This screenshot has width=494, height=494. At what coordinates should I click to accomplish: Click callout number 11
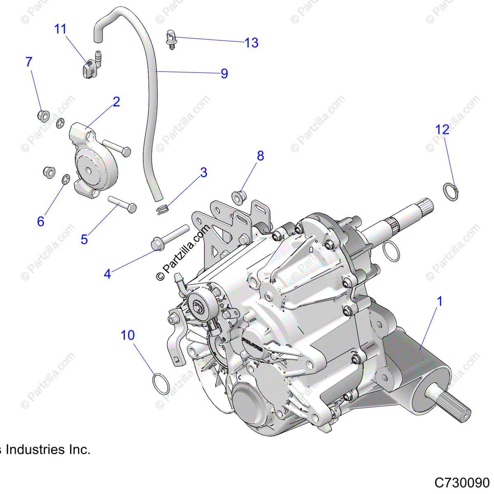[x=60, y=29]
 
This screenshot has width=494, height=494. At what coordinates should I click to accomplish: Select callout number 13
[x=251, y=43]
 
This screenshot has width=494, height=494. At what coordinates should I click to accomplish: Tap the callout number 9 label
[x=224, y=74]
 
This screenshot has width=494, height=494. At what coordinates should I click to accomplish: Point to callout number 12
[x=443, y=130]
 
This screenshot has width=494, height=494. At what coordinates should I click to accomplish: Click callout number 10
[x=128, y=336]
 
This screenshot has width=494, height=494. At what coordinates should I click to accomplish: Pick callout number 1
[x=440, y=302]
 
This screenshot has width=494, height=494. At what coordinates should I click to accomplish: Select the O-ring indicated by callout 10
[x=161, y=383]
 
